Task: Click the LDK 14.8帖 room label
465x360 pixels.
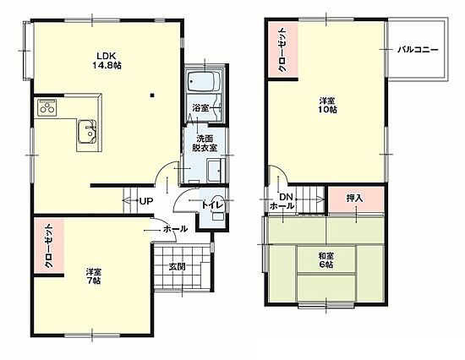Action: click(107, 60)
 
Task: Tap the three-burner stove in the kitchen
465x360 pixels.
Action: click(47, 107)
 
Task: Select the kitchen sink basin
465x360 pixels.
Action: click(87, 132)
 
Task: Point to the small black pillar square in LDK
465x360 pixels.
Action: click(152, 95)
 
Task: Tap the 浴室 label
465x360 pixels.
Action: click(200, 107)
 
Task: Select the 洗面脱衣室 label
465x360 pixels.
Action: click(205, 143)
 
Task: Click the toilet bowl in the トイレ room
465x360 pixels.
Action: click(218, 206)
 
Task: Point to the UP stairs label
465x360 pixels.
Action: click(146, 201)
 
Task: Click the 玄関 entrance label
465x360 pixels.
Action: click(178, 266)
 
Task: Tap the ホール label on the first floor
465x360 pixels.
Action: click(175, 229)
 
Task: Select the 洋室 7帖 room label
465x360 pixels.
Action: click(94, 275)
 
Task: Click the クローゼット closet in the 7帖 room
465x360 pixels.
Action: click(49, 246)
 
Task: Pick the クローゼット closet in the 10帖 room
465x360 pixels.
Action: click(282, 50)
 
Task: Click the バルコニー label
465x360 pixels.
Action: click(418, 50)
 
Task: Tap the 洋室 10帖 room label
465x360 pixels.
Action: click(327, 106)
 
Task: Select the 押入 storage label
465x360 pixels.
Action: click(355, 198)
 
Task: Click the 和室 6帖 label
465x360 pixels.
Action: click(326, 259)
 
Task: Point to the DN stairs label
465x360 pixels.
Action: click(286, 197)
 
